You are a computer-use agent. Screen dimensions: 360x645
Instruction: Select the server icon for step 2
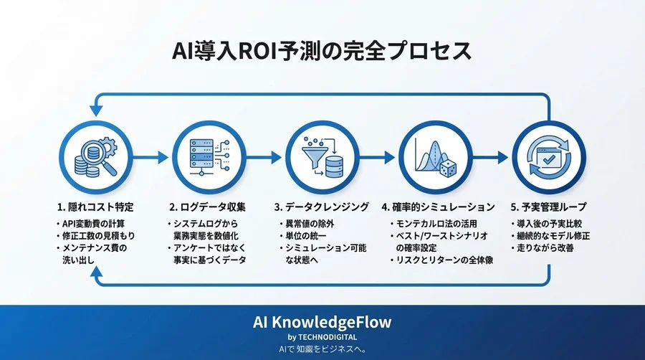click(202, 155)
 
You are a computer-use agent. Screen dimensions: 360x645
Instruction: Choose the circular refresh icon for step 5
click(550, 156)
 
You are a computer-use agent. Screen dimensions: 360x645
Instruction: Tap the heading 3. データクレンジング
click(322, 207)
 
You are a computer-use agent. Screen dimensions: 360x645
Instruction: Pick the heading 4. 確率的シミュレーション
click(439, 207)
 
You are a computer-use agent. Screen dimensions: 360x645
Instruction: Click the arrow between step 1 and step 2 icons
click(149, 155)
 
